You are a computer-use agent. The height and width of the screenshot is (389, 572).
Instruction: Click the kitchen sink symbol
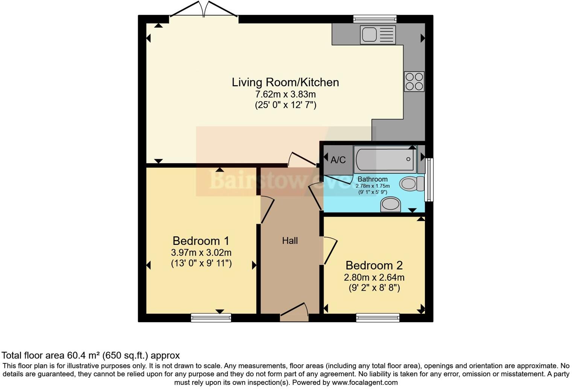[x=377, y=35]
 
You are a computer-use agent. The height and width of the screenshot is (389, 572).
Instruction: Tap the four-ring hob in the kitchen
[x=414, y=81]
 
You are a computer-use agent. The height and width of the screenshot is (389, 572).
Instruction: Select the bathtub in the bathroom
[x=385, y=159]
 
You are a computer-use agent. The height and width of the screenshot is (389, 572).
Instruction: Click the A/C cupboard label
[x=338, y=160]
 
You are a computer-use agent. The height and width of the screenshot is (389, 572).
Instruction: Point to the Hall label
[x=290, y=241]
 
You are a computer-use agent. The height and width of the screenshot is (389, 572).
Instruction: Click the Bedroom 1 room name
[x=201, y=241]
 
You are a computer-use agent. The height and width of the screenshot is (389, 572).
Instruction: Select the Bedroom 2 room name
[x=374, y=265]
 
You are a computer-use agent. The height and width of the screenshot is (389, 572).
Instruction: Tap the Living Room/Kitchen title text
[x=285, y=82]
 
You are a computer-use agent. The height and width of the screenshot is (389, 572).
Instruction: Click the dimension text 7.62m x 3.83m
[x=285, y=94]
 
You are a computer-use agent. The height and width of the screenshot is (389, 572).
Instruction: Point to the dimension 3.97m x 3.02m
[x=201, y=253]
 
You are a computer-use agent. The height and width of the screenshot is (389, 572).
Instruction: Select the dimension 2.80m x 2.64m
[x=374, y=277]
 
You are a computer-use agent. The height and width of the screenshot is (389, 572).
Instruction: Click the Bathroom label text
[x=372, y=179]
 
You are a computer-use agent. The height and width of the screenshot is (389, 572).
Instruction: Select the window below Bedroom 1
[x=211, y=318]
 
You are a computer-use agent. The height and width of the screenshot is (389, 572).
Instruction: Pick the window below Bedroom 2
[x=377, y=318]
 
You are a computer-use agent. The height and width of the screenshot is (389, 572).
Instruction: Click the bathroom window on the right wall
[x=429, y=179]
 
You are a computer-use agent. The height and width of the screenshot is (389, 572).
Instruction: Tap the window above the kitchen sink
[x=375, y=19]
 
